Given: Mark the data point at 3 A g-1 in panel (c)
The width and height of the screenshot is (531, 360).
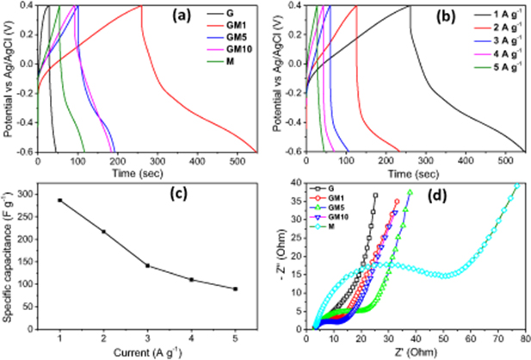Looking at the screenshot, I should point(147,265).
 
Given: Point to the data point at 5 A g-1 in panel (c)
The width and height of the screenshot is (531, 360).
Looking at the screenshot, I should point(235,289).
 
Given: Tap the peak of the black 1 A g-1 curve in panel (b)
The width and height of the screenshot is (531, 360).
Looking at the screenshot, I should point(410,6).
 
